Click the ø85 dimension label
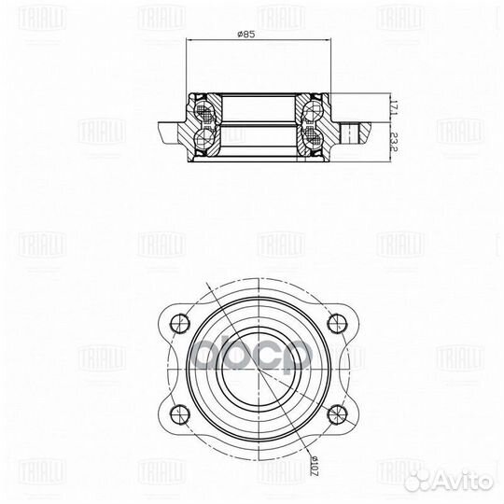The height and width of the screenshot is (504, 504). coord(248,34)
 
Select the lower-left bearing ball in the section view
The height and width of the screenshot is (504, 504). coord(202,140)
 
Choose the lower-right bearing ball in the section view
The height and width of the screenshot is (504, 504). coord(309,140)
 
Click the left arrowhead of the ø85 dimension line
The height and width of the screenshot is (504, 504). coord(189,41)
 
